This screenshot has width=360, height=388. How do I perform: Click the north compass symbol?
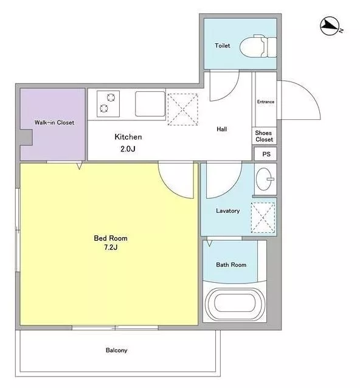[330, 26]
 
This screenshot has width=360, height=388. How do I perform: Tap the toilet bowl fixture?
[258, 46]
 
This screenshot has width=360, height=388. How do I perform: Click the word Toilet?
[223, 46]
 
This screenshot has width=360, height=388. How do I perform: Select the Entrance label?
[266, 102]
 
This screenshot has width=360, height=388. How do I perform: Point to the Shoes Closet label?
[265, 136]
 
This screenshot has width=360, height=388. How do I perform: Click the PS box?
[265, 154]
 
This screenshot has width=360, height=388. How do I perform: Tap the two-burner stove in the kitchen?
[108, 103]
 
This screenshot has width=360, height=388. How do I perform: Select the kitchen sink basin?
[150, 103]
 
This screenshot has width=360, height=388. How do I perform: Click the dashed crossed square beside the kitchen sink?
[183, 109]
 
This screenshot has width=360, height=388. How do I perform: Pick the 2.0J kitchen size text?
[128, 149]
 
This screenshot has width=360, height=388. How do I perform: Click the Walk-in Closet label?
[55, 122]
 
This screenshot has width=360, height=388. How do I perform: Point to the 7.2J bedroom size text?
[111, 247]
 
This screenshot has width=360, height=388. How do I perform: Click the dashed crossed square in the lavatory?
[263, 218]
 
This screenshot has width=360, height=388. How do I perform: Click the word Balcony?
[117, 350]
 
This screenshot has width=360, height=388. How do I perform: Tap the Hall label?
[222, 129]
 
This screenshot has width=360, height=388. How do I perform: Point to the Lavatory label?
[228, 211]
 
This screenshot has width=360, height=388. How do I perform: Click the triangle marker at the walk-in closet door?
[79, 165]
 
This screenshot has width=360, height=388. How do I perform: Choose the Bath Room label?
[231, 265]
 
